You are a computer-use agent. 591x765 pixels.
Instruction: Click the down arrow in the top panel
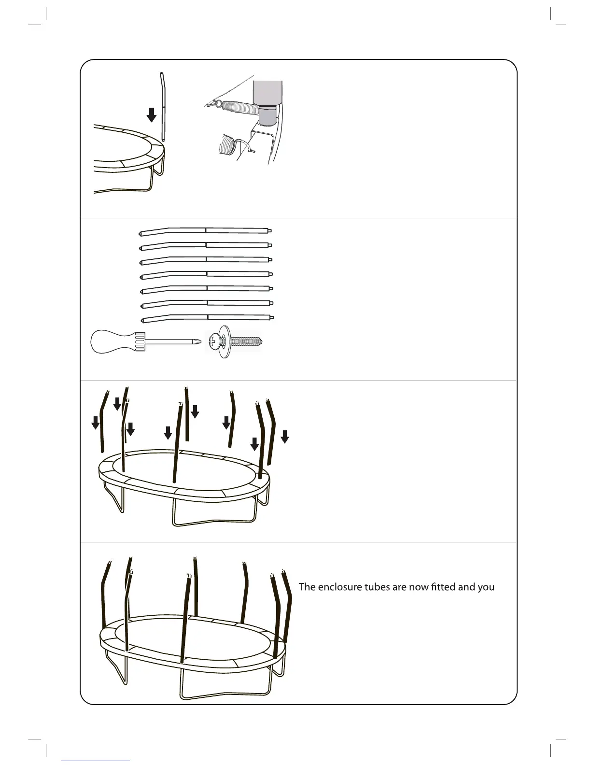(x=152, y=115)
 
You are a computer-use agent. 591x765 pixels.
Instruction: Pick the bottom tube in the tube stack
(x=208, y=317)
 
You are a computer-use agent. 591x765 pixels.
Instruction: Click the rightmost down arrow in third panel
(x=285, y=436)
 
